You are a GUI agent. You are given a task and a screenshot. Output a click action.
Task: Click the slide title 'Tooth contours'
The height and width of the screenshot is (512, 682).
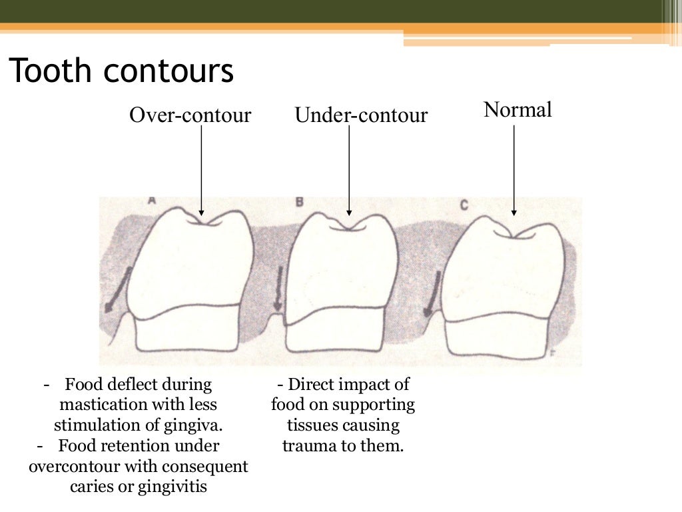coord(121,71)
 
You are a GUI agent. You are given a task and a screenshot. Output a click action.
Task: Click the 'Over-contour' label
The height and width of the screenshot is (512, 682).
coord(190,115)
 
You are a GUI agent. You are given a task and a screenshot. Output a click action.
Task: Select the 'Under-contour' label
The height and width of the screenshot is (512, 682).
coord(361,115)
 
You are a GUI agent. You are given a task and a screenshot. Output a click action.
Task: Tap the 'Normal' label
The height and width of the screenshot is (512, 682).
coord(517,109)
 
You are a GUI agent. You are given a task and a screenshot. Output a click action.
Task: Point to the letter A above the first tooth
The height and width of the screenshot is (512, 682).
coord(153,200)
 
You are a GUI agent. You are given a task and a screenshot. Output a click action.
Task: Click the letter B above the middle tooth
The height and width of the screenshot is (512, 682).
coord(300,201)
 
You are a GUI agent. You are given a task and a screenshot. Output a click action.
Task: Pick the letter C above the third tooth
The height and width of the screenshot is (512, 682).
coord(464,204)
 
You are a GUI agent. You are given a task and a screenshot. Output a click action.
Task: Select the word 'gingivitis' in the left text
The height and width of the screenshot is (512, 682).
coord(172,487)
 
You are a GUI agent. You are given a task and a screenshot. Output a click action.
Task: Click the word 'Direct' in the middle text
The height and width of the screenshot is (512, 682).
coord(312,385)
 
